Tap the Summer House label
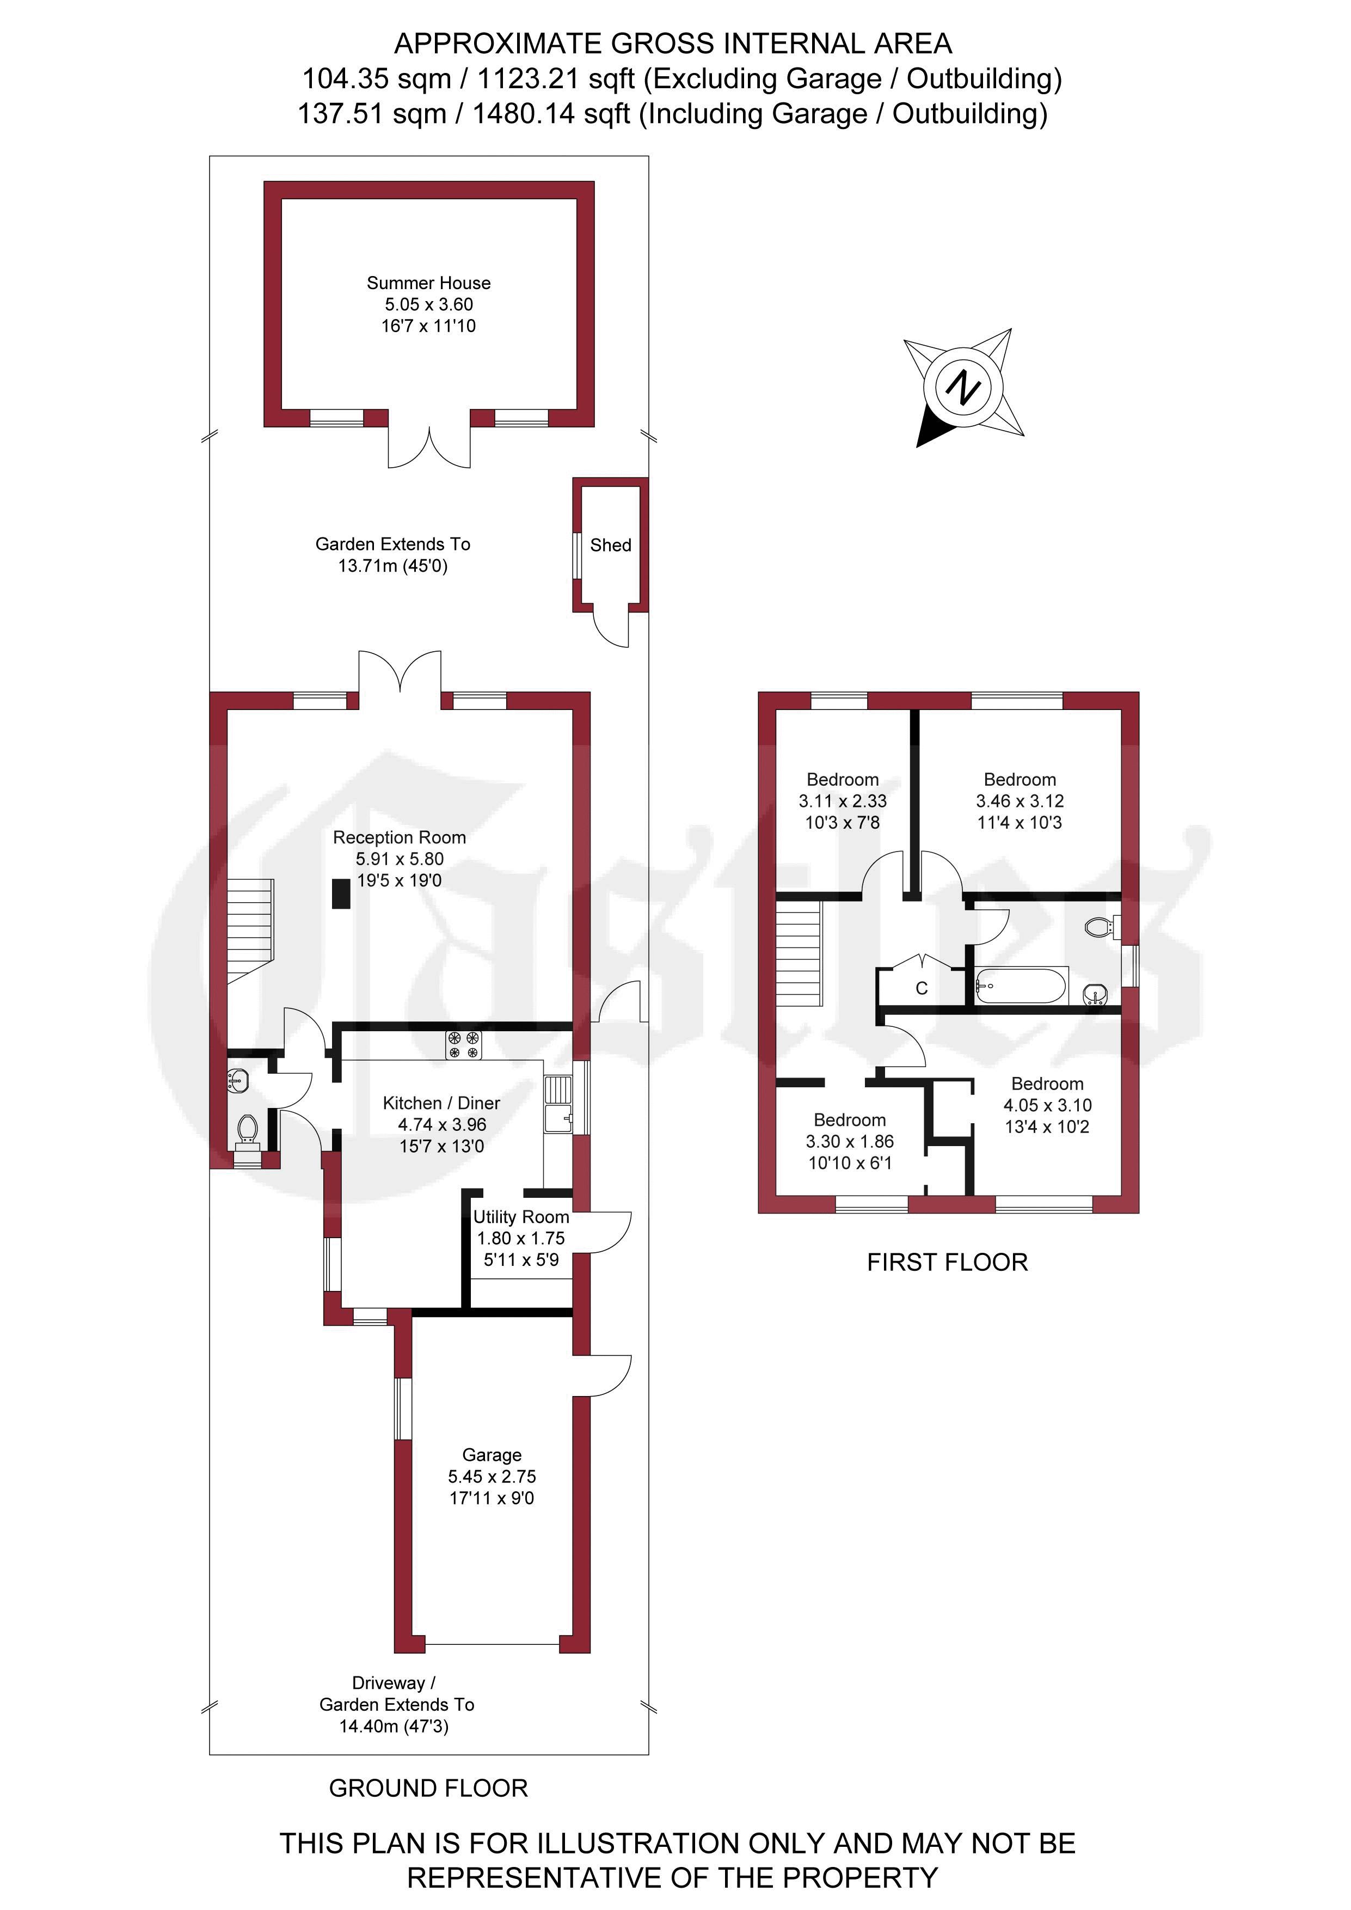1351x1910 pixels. (x=428, y=283)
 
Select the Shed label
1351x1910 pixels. (x=611, y=545)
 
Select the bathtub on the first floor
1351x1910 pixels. (x=1021, y=987)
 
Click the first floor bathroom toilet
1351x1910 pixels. (x=1102, y=927)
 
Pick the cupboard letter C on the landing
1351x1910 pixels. (x=922, y=988)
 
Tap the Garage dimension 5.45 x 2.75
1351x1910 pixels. (x=492, y=1477)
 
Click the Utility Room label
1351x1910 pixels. (x=521, y=1217)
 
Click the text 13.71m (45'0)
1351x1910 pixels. (x=392, y=566)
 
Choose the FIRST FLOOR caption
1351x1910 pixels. (x=948, y=1262)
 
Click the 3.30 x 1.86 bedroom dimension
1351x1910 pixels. (x=849, y=1141)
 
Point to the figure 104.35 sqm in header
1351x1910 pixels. (x=376, y=79)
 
